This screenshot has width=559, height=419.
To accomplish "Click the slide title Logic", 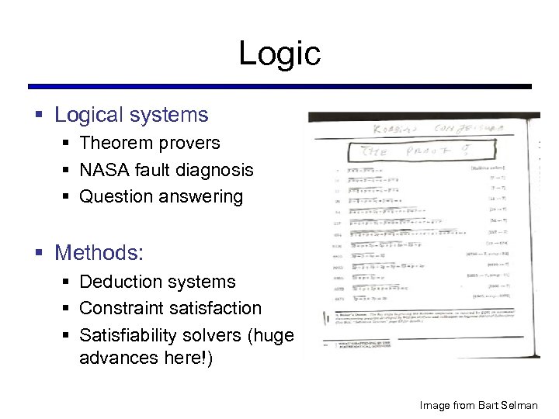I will (x=279, y=53).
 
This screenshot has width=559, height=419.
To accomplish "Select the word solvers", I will (x=223, y=335).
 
